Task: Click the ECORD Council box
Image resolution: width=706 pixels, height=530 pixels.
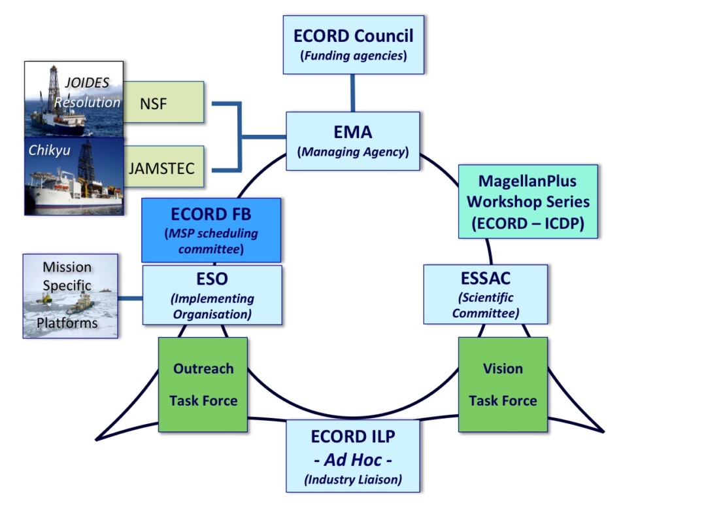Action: (x=353, y=44)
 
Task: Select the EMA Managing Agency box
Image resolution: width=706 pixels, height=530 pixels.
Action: (x=353, y=141)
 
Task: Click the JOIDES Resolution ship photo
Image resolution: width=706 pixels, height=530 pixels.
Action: (x=73, y=99)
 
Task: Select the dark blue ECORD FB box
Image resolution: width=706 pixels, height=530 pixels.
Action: (x=211, y=230)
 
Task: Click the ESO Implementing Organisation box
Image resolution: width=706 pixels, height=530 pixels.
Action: (x=212, y=294)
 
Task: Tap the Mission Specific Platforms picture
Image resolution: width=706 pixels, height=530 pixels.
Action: (x=71, y=296)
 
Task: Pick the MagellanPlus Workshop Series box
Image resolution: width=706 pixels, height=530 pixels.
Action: (x=528, y=202)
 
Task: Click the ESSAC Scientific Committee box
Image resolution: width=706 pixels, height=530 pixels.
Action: (x=485, y=294)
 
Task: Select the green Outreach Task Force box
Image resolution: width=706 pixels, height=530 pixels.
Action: (x=203, y=384)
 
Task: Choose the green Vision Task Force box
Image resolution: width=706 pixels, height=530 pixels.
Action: (x=502, y=384)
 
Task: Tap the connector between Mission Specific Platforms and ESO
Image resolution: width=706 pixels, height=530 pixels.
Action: (x=130, y=299)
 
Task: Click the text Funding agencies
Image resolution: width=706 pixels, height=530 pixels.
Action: (x=353, y=56)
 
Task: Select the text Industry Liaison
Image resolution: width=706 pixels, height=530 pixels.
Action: (x=353, y=480)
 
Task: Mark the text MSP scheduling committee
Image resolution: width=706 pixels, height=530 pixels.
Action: (x=211, y=241)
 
